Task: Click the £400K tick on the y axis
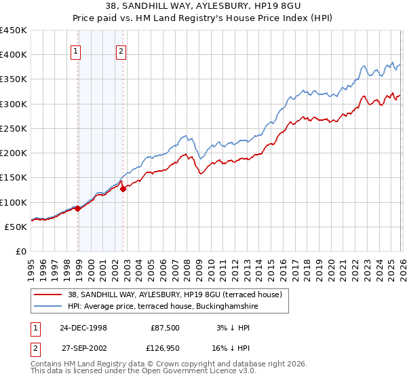tap(14, 55)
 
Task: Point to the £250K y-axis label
tap(14, 128)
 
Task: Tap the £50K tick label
tap(16, 227)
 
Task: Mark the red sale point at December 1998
tap(78, 208)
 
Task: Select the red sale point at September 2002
tap(123, 189)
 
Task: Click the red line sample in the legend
tap(47, 294)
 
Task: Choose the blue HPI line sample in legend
tap(47, 306)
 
